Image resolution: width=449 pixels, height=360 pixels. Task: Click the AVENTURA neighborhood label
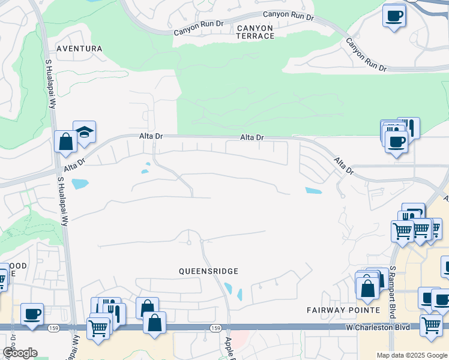point(79,48)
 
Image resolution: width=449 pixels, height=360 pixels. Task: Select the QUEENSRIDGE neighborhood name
point(209,271)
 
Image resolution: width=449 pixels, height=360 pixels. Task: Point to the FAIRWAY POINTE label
point(343,310)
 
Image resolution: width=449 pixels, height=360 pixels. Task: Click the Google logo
point(20,353)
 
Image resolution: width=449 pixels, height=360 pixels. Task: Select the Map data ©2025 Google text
point(412,355)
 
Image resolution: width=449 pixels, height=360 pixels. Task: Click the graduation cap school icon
point(85,132)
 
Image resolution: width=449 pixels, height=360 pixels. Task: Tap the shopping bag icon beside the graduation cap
point(65,142)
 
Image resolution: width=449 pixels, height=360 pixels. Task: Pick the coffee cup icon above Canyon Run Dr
point(394,16)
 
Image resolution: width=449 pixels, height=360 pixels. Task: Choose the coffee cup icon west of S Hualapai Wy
point(32,313)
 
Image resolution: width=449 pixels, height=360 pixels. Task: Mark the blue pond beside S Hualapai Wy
point(80,184)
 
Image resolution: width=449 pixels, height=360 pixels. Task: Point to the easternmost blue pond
point(313,191)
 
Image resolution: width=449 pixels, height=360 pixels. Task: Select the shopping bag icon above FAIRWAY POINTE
point(367,288)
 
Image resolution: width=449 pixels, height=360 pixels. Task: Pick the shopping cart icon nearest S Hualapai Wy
point(98,328)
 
